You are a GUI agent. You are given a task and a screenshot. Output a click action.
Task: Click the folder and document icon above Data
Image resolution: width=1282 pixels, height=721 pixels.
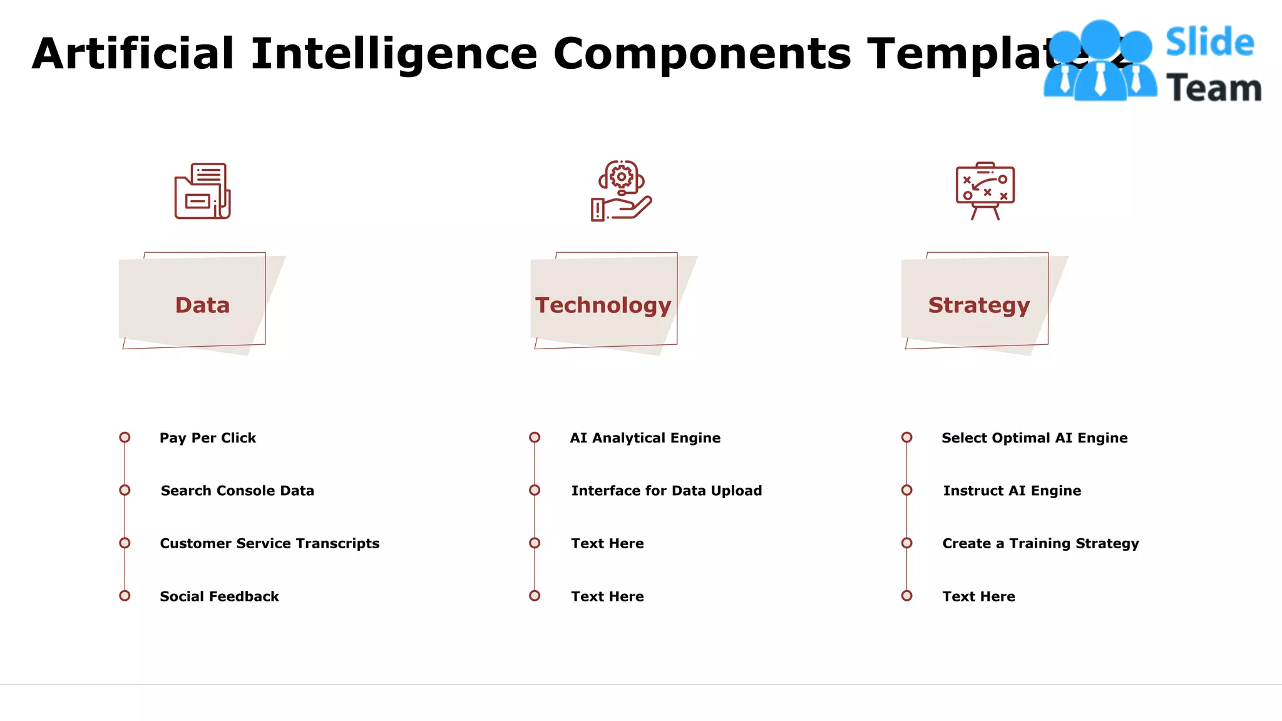(202, 191)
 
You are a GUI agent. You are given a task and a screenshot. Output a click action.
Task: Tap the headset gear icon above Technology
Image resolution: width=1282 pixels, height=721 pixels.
(621, 190)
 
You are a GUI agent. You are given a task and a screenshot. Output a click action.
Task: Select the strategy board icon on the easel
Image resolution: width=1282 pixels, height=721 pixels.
(985, 190)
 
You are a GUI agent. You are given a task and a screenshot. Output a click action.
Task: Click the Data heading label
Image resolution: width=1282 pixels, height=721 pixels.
(202, 305)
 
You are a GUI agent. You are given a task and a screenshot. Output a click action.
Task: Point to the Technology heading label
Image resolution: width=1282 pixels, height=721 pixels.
(603, 305)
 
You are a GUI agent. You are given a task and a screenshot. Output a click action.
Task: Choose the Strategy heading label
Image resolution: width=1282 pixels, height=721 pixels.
(978, 305)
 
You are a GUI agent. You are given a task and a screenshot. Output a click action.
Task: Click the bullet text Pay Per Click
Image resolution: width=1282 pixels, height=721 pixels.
(208, 438)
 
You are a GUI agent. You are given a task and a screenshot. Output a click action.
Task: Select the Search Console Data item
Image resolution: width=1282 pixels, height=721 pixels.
(237, 491)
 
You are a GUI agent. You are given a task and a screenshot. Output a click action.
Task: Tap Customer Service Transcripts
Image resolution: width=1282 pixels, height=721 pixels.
(270, 543)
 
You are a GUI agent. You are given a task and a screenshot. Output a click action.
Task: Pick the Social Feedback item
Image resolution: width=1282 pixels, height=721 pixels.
(219, 596)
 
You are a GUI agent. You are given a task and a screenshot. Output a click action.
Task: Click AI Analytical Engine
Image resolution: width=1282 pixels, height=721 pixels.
(645, 438)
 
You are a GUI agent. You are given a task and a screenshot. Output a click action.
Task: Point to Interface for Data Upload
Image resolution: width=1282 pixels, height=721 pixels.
(667, 491)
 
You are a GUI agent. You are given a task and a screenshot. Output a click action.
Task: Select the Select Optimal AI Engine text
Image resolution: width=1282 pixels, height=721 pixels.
(1034, 438)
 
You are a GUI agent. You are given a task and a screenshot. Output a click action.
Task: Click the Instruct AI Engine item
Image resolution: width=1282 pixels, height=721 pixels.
(1012, 491)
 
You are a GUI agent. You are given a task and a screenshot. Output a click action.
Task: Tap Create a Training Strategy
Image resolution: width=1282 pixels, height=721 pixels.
(1040, 543)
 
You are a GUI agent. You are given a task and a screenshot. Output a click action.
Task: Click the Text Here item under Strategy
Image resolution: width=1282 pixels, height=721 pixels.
(978, 596)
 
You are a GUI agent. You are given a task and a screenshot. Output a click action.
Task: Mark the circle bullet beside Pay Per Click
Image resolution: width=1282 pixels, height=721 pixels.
(125, 437)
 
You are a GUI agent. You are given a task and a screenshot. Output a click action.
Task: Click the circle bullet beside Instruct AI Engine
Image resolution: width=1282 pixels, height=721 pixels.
(906, 490)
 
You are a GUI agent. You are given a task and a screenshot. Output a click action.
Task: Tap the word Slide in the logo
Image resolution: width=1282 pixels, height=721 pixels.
(1209, 43)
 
